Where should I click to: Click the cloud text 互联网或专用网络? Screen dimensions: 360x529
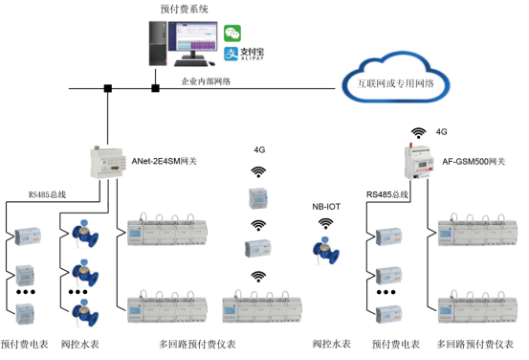[396, 84]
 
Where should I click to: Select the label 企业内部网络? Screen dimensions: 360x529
[205, 82]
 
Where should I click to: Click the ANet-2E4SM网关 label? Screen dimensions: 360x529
[165, 161]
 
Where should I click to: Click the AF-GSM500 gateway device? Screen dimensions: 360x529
[417, 161]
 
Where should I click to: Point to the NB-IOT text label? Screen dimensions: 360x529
[326, 206]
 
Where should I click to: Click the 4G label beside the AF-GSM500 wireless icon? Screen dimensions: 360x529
[441, 131]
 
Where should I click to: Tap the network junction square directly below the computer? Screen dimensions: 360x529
[155, 90]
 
